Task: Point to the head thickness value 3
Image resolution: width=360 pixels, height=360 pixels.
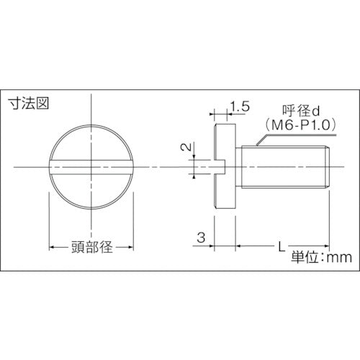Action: [202, 235]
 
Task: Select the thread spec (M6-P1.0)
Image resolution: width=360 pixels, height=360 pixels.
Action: [296, 124]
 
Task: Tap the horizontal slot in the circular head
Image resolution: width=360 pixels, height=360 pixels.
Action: [91, 167]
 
